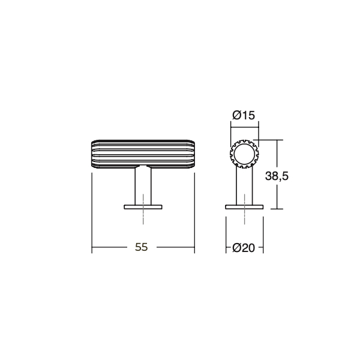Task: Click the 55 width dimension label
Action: pos(141,247)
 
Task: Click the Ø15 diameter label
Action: pos(244,115)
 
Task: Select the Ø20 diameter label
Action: pos(244,248)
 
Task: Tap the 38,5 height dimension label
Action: pos(277,176)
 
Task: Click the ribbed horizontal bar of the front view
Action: pos(143,154)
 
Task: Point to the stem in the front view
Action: pos(143,187)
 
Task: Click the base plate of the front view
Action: pos(143,207)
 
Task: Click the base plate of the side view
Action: pos(244,207)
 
